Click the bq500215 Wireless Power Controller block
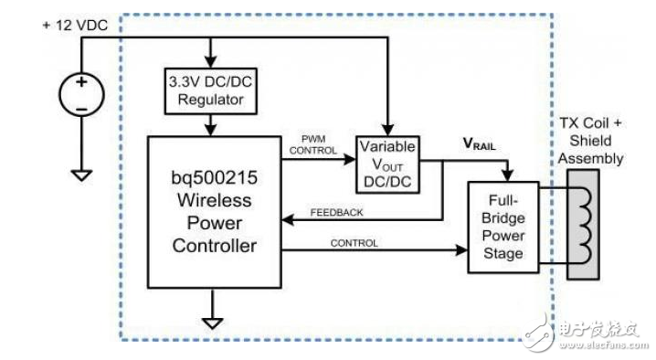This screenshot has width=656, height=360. pos(214,211)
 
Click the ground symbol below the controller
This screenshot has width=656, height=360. pos(213,321)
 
